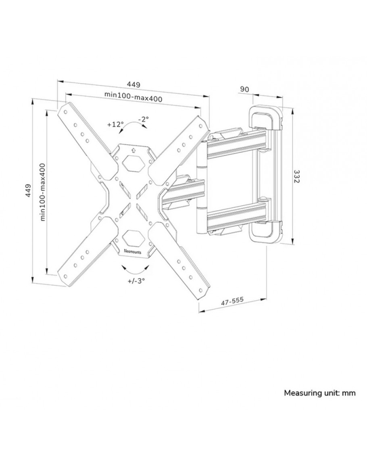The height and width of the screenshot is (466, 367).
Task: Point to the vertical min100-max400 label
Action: tap(43, 191)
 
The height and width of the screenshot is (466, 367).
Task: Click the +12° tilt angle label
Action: tap(116, 125)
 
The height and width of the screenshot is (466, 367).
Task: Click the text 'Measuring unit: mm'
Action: tap(320, 393)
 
